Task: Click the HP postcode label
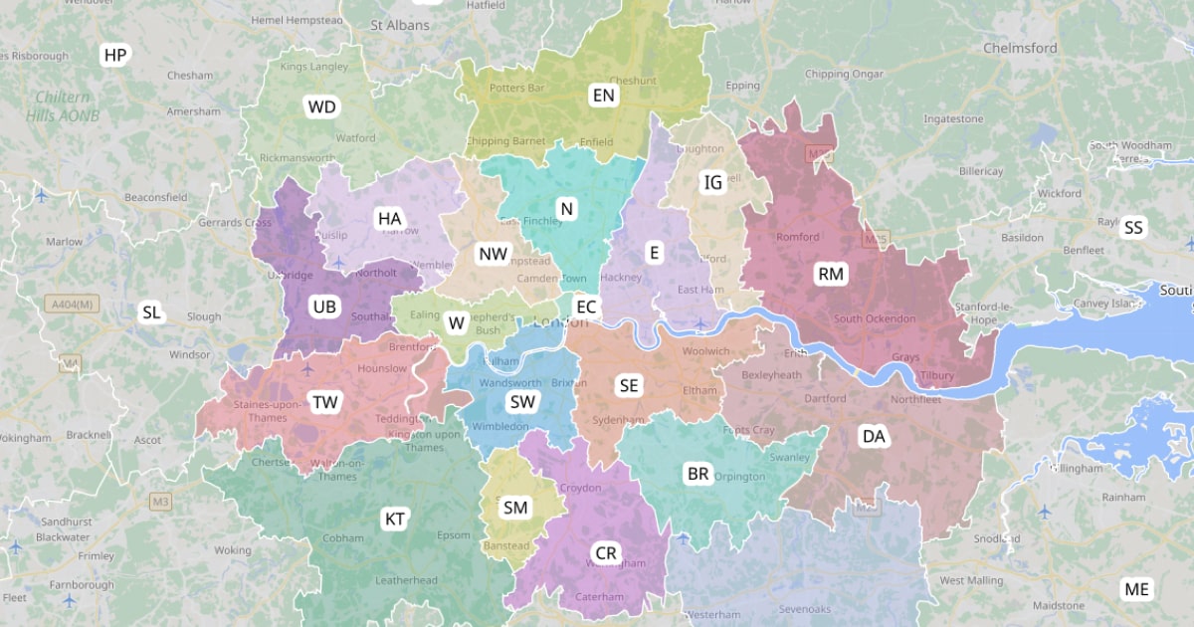pos(115,55)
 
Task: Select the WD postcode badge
pos(321,106)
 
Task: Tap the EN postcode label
pos(603,95)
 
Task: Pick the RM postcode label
pos(829,273)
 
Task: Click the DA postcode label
pos(874,436)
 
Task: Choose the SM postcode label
pos(515,508)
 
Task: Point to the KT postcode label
pos(395,519)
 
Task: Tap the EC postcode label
pos(586,307)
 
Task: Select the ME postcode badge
pos(1136,589)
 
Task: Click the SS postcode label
pos(1133,227)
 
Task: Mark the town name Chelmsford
pos(1020,47)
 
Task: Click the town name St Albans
pos(400,24)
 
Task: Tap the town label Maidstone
pos(1059,605)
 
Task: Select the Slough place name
pos(204,316)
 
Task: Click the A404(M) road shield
pos(72,304)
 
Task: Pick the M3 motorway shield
pos(160,501)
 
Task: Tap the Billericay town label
pos(981,171)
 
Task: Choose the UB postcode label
pos(324,307)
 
